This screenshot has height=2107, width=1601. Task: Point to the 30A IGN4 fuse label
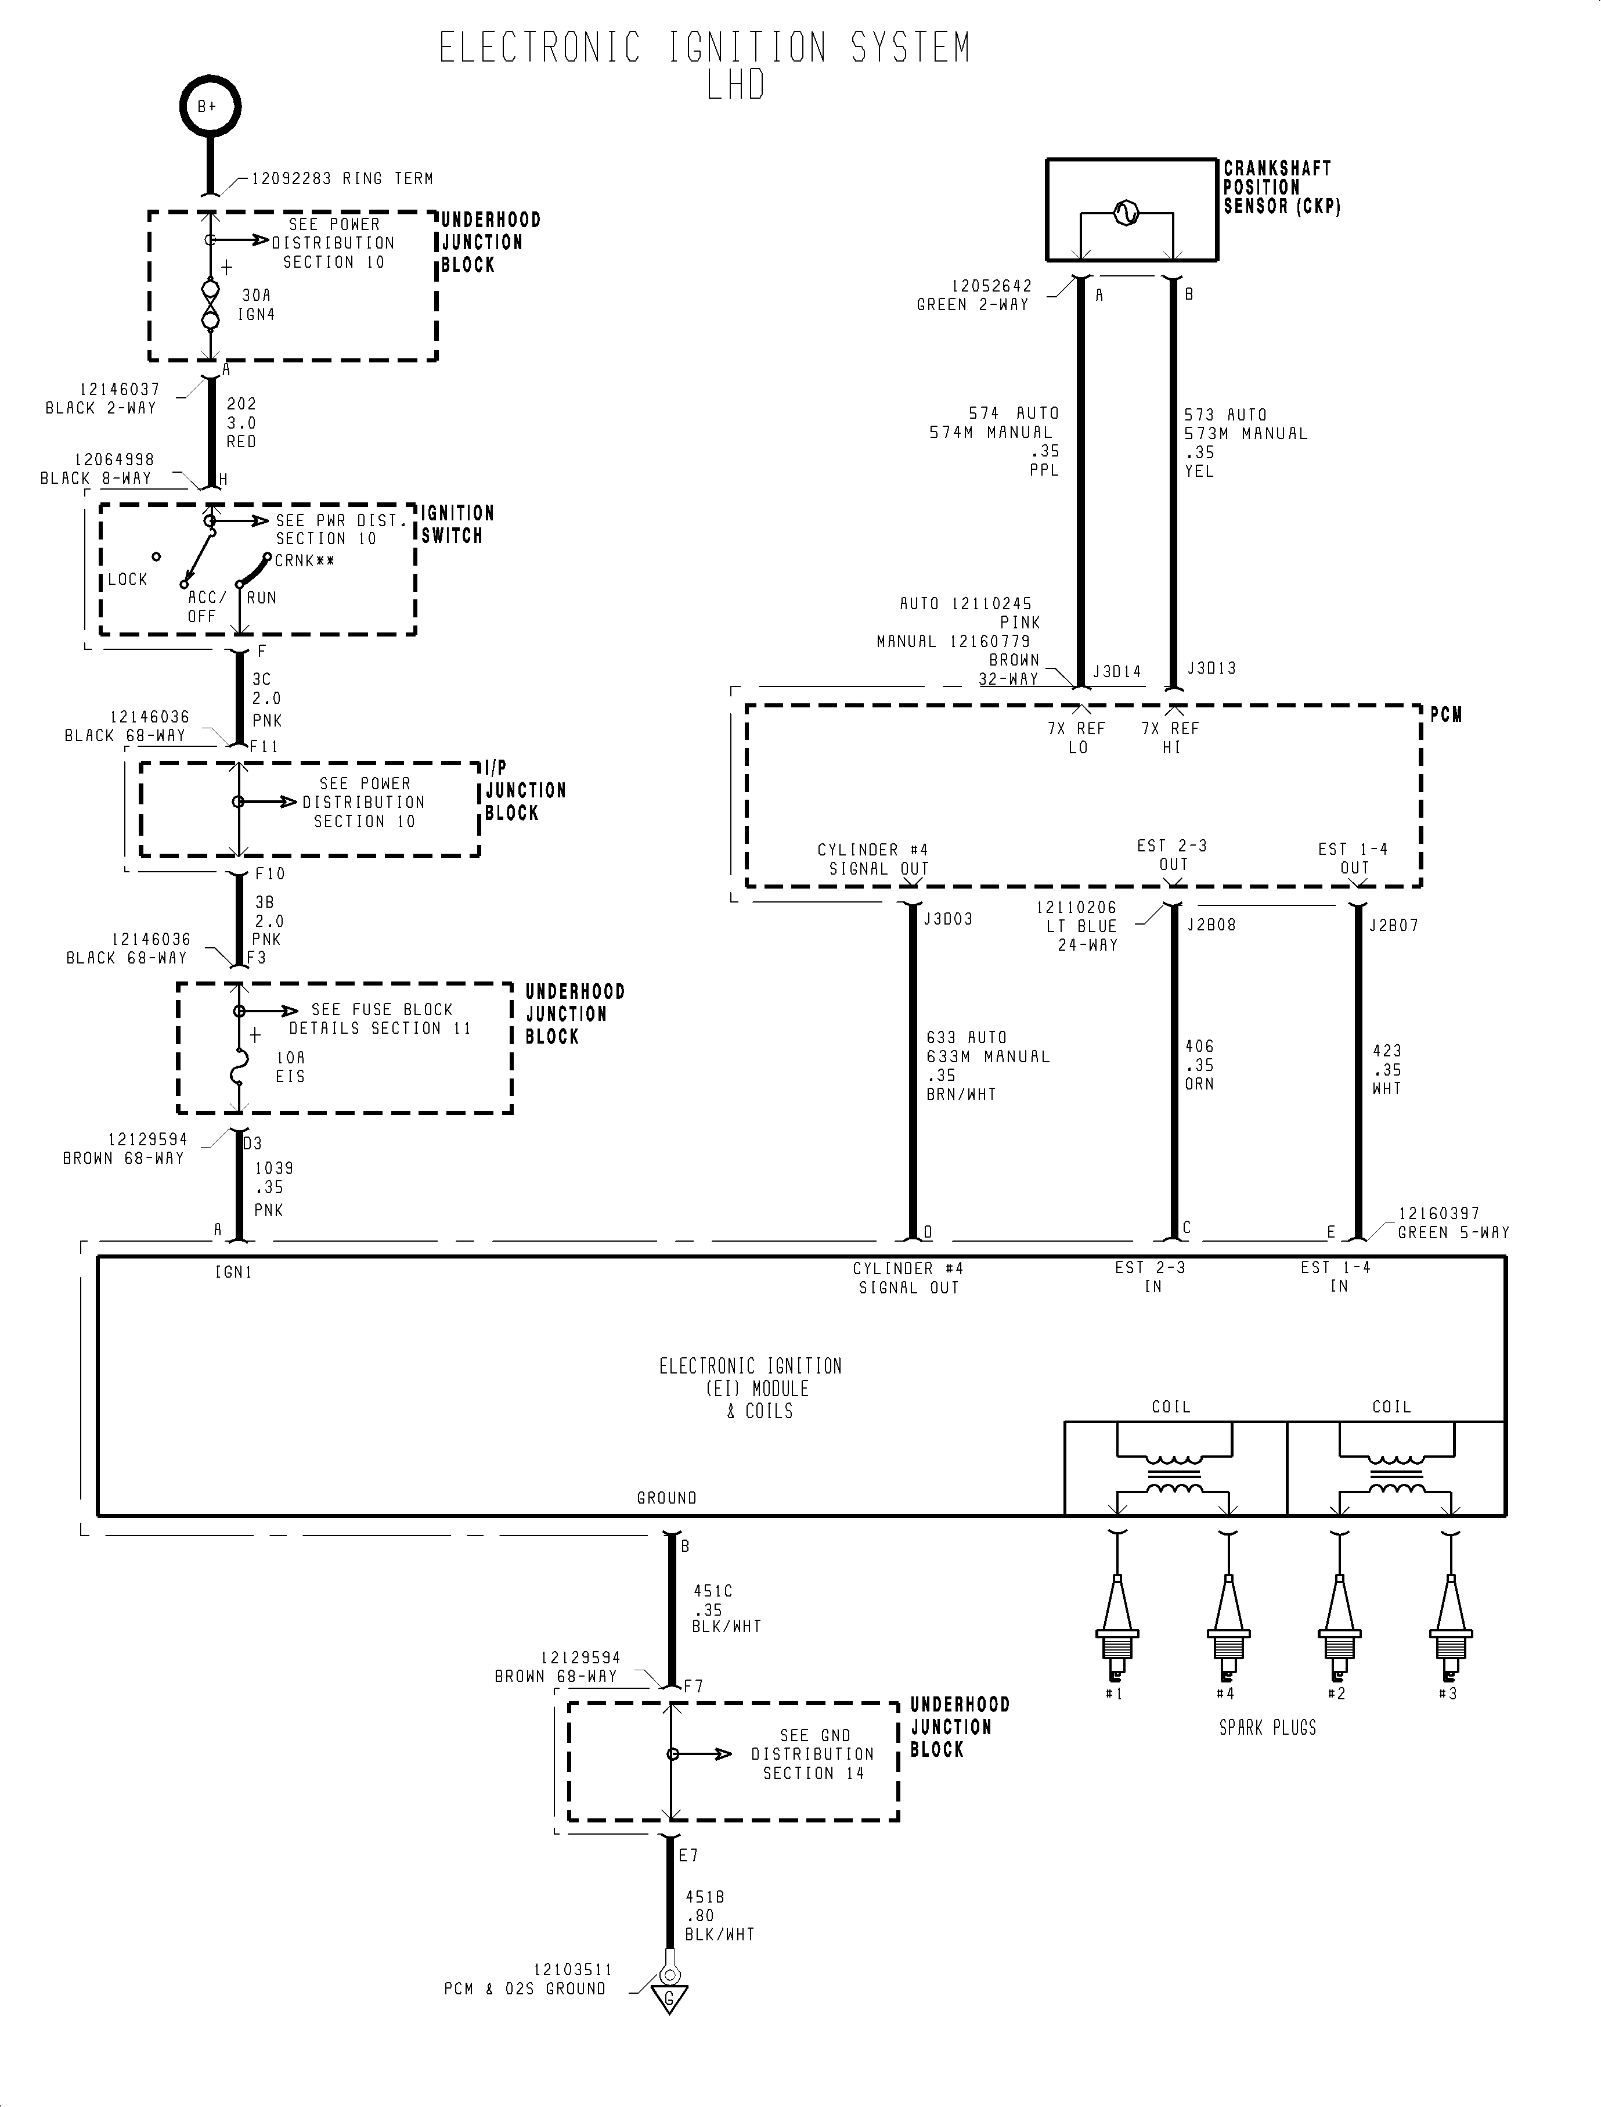(x=257, y=305)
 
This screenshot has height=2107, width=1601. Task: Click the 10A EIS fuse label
(x=291, y=1067)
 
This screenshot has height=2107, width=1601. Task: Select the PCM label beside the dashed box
(x=1445, y=715)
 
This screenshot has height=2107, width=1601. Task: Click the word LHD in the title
(x=735, y=86)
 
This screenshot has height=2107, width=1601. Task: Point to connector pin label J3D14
(x=1116, y=671)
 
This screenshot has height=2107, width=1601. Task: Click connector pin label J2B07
(x=1393, y=925)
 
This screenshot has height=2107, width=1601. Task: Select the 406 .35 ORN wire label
(x=1199, y=1065)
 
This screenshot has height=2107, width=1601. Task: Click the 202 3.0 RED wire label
(x=241, y=422)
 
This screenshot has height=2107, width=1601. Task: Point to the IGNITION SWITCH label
(x=457, y=524)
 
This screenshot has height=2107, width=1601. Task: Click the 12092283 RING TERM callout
(x=341, y=178)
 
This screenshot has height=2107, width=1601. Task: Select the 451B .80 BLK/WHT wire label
(x=719, y=1915)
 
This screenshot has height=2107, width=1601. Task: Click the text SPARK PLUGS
(x=1267, y=1728)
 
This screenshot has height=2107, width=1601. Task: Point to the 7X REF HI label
(x=1171, y=737)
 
